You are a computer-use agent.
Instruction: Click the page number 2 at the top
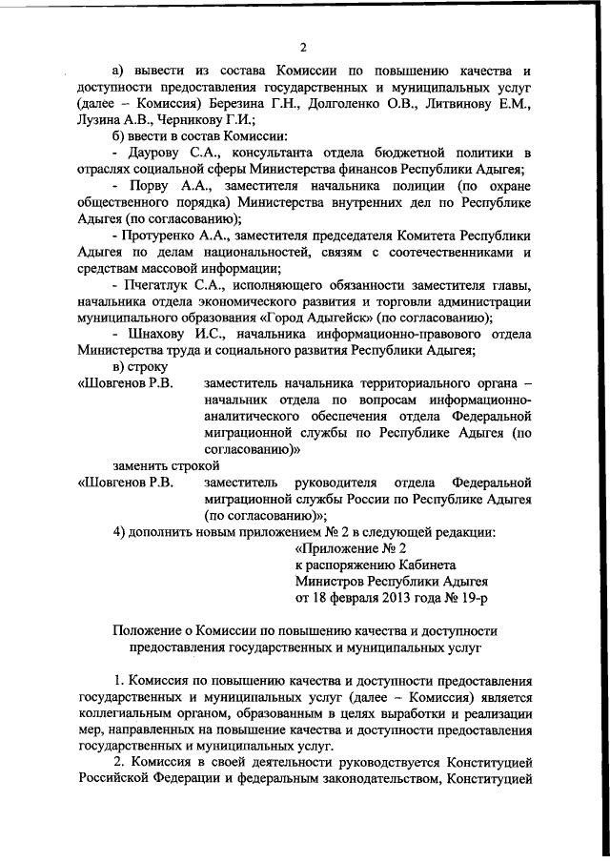tap(302, 48)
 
